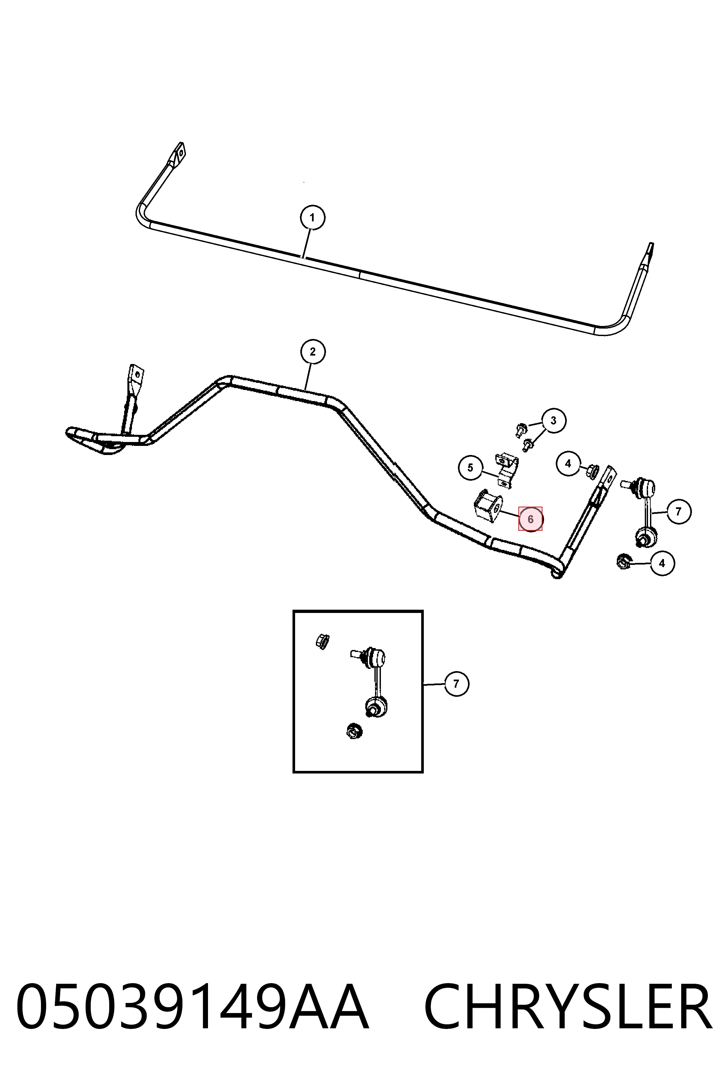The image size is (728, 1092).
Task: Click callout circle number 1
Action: (312, 217)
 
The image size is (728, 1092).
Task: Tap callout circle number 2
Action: (313, 352)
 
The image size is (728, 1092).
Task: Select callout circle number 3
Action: (553, 421)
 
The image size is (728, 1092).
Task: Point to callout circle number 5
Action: (470, 468)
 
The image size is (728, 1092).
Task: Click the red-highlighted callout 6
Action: (530, 519)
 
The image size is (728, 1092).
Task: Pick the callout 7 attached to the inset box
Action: (456, 684)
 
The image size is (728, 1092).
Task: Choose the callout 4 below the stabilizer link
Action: (662, 563)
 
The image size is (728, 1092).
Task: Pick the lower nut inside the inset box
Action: (355, 731)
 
